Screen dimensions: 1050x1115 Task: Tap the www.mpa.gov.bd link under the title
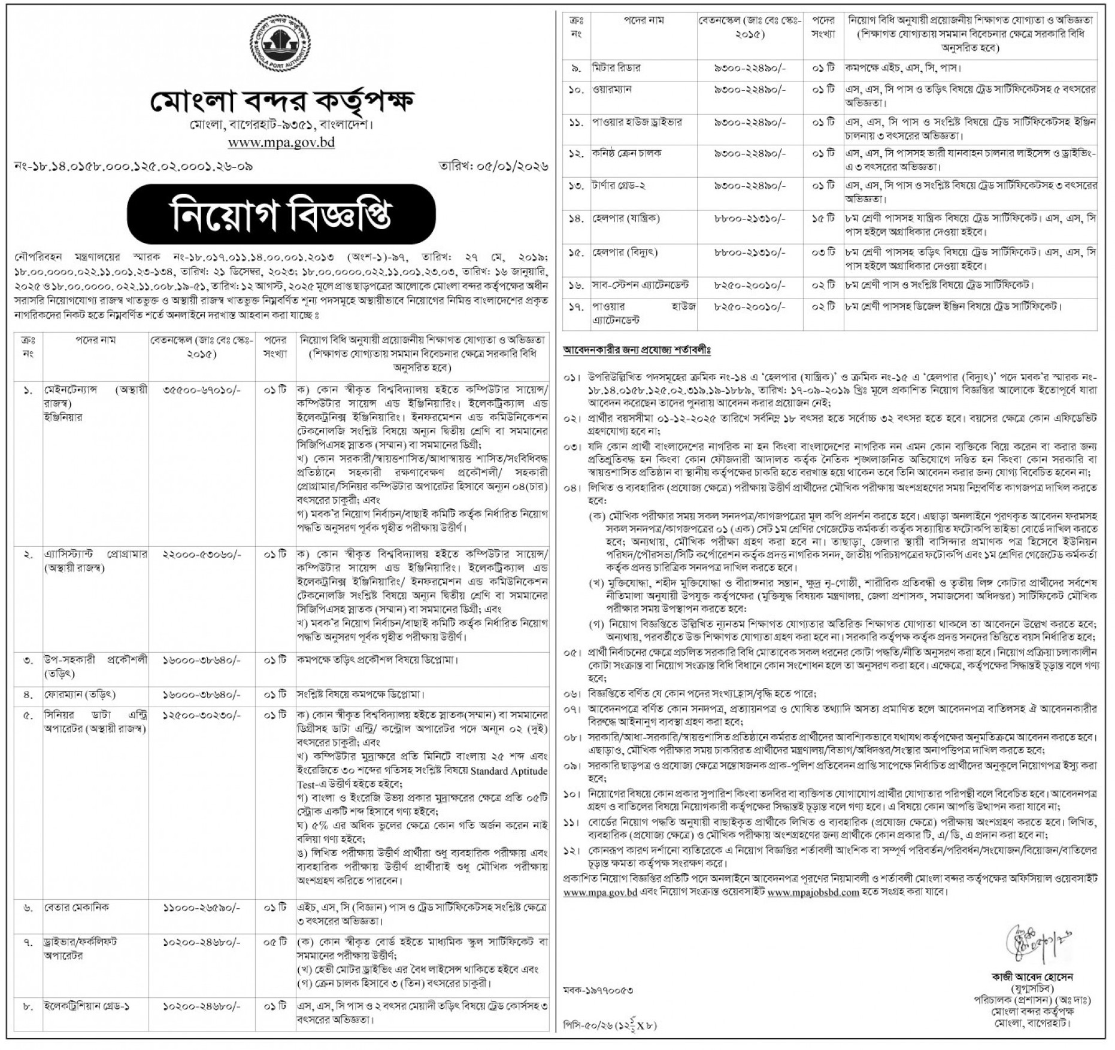tap(281, 143)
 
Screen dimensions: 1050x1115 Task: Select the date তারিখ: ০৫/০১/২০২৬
tap(494, 166)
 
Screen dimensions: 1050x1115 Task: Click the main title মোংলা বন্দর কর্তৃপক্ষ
tap(281, 102)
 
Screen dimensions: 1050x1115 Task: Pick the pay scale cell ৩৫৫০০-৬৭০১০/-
tap(202, 390)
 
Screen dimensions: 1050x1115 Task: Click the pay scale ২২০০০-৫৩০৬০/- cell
tap(202, 555)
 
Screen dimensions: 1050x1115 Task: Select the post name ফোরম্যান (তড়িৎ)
tap(79, 695)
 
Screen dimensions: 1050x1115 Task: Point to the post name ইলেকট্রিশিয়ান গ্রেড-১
tap(86, 1006)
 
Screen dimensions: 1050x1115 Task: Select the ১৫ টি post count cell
tap(823, 219)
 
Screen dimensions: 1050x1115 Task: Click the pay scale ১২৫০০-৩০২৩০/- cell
tap(202, 716)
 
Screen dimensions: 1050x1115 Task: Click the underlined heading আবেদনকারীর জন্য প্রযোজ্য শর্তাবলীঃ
tap(636, 350)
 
